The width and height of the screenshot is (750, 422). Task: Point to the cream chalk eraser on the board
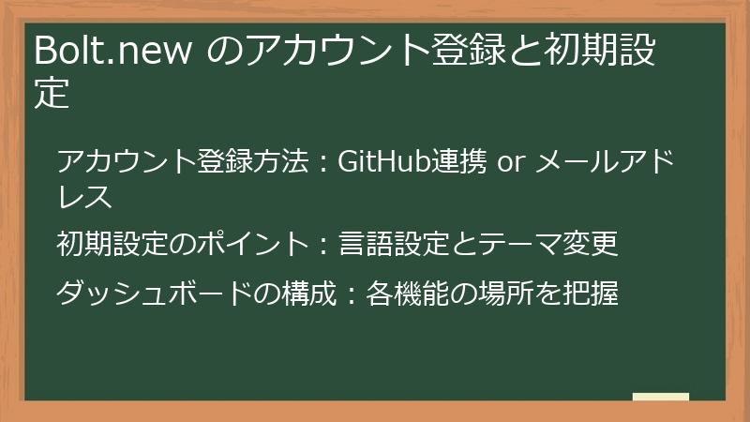(x=660, y=398)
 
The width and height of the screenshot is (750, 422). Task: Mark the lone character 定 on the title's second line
(x=52, y=94)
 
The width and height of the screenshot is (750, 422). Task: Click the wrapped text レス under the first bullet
(x=85, y=197)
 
